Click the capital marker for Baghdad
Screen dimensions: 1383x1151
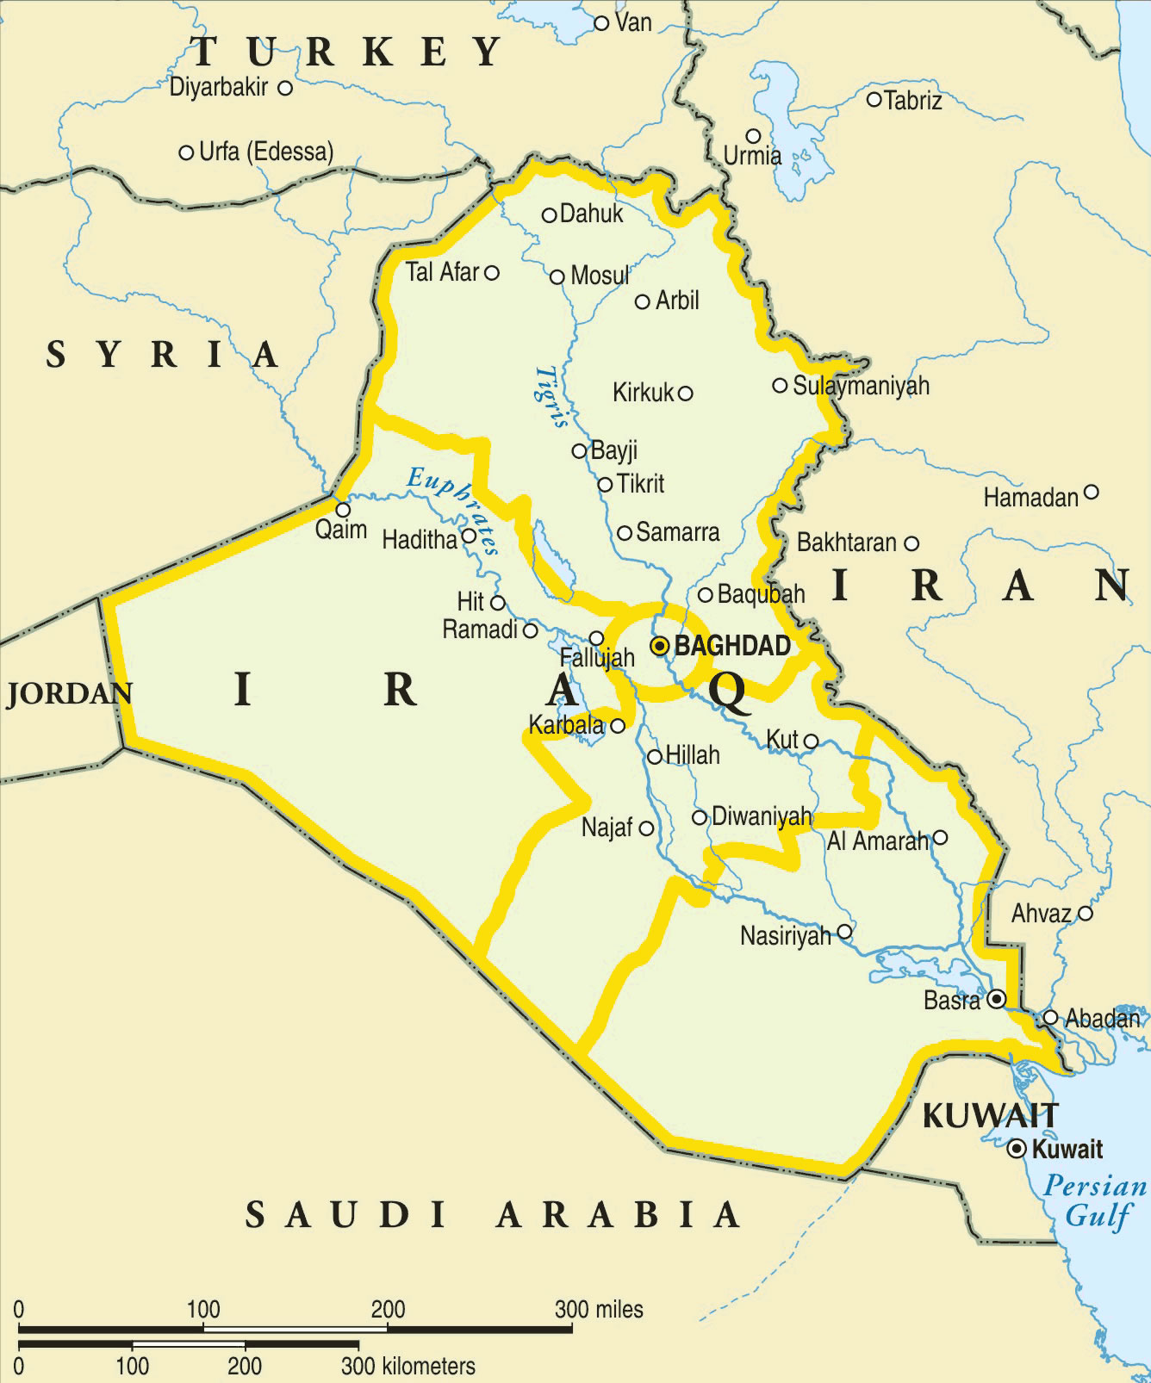(660, 646)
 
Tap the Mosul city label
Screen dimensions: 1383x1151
(600, 276)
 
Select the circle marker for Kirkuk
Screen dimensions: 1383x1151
(686, 394)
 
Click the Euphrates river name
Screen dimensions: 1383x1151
(453, 509)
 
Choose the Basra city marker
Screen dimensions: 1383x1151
(997, 1000)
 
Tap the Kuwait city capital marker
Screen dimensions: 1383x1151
(1017, 1149)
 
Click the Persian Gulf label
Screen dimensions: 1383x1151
(1095, 1200)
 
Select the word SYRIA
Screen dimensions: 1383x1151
(162, 355)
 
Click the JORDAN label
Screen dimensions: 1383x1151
(70, 694)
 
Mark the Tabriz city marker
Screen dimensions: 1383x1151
(874, 100)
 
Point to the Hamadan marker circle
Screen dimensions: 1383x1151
(1092, 493)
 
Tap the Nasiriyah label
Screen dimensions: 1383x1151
(785, 935)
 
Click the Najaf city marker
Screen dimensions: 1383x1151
(646, 828)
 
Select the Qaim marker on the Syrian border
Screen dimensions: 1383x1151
(343, 510)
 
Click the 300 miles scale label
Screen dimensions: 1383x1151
(599, 1310)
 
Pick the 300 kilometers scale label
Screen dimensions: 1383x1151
(408, 1367)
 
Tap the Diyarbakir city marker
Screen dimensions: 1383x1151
(285, 88)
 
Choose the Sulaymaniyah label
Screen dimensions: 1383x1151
(861, 386)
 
